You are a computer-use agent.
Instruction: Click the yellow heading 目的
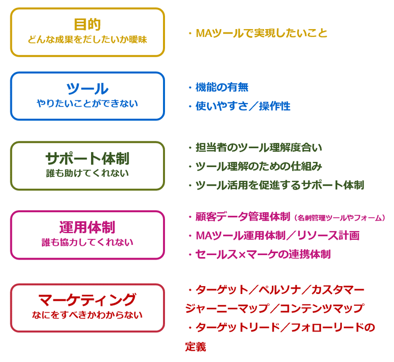click(x=88, y=24)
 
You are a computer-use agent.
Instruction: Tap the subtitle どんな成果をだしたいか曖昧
click(x=87, y=40)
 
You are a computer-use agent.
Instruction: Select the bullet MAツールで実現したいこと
click(x=258, y=33)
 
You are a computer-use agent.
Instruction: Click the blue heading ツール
click(x=87, y=89)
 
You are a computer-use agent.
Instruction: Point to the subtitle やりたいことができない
click(x=87, y=103)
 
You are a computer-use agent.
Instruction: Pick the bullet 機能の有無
click(x=219, y=88)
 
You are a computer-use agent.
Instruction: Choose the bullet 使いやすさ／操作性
click(x=239, y=106)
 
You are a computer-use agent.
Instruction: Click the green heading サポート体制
click(x=87, y=159)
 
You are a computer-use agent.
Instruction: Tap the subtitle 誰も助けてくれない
click(x=87, y=173)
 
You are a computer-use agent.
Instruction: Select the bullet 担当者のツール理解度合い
click(x=255, y=147)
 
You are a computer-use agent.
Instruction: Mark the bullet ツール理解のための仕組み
click(x=255, y=166)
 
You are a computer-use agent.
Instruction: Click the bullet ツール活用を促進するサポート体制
click(x=276, y=185)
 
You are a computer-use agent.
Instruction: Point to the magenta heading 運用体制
click(x=87, y=228)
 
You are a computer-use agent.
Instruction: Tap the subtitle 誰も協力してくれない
click(x=87, y=242)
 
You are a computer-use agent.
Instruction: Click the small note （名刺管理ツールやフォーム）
click(x=339, y=218)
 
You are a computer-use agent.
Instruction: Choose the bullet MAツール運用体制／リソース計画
click(x=274, y=235)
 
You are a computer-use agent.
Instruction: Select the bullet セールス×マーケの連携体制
click(x=260, y=254)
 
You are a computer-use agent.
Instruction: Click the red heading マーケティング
click(x=87, y=300)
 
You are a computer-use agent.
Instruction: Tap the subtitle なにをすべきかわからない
click(x=87, y=315)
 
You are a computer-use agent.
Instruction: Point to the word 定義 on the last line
click(x=196, y=347)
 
